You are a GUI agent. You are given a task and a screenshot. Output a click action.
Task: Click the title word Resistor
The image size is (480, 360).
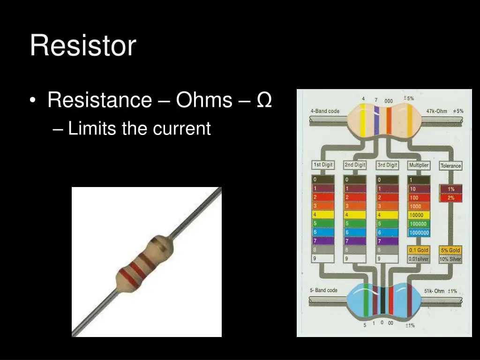pos(83,46)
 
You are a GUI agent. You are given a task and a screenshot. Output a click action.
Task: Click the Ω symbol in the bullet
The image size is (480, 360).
pos(264,100)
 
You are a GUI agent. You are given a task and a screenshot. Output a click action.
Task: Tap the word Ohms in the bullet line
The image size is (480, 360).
pos(204,100)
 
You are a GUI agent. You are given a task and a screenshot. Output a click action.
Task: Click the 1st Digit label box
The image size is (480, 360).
pos(323,165)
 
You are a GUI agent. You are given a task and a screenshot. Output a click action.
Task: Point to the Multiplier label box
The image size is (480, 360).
pos(419,165)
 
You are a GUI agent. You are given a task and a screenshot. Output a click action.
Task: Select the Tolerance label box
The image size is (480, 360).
pos(450,166)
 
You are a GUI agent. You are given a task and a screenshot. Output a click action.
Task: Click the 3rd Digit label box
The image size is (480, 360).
pos(387,165)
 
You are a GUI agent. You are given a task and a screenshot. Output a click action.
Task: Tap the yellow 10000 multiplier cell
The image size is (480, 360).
pos(419,215)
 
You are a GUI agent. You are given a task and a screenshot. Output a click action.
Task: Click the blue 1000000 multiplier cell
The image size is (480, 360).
pos(419,232)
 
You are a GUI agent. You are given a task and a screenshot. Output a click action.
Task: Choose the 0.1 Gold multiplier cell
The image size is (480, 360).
pos(419,250)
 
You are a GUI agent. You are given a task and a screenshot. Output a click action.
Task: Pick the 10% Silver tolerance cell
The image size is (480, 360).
pos(450,259)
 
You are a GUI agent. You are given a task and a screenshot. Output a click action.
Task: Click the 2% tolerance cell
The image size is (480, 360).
pos(450,198)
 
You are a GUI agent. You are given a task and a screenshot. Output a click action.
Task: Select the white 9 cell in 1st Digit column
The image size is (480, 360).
pos(323,258)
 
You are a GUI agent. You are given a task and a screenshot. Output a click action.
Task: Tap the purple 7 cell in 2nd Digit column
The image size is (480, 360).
pos(355,241)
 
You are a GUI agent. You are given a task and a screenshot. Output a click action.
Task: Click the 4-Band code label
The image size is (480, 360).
pos(325,111)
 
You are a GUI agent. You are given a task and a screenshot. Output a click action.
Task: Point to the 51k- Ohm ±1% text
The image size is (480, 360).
pos(440,291)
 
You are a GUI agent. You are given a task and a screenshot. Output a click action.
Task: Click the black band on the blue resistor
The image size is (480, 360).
pos(382,300)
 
